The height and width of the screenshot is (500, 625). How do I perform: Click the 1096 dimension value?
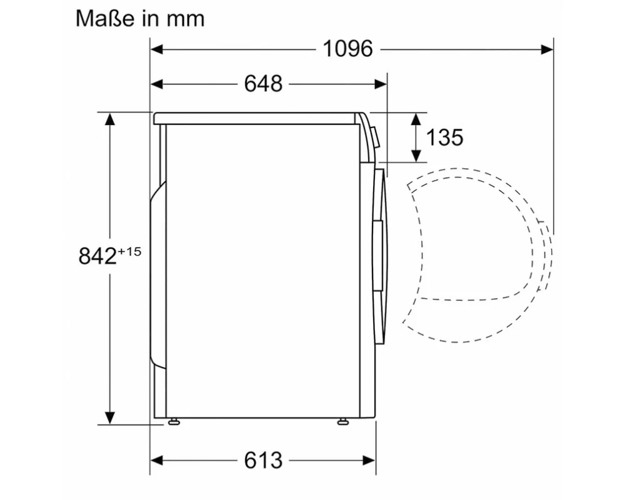348,49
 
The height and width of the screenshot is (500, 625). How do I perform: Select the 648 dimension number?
263,84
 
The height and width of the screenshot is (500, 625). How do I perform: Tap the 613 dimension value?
263,460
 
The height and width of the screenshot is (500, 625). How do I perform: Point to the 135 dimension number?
444,137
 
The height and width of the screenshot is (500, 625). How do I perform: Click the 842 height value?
97,256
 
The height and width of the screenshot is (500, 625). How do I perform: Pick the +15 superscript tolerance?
129,252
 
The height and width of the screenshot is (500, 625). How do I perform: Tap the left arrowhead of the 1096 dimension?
157,49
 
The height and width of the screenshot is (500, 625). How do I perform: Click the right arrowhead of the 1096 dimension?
547,49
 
